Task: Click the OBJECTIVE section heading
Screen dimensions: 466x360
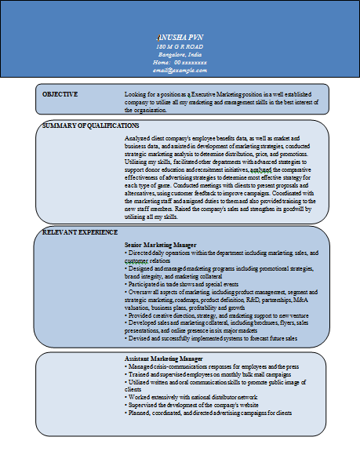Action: point(60,94)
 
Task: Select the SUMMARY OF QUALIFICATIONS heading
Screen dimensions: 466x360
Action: point(91,125)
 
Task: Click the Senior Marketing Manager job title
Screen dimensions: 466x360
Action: point(160,246)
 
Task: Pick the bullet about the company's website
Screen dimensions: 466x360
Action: point(197,405)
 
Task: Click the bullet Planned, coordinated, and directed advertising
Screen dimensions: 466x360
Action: point(208,413)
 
